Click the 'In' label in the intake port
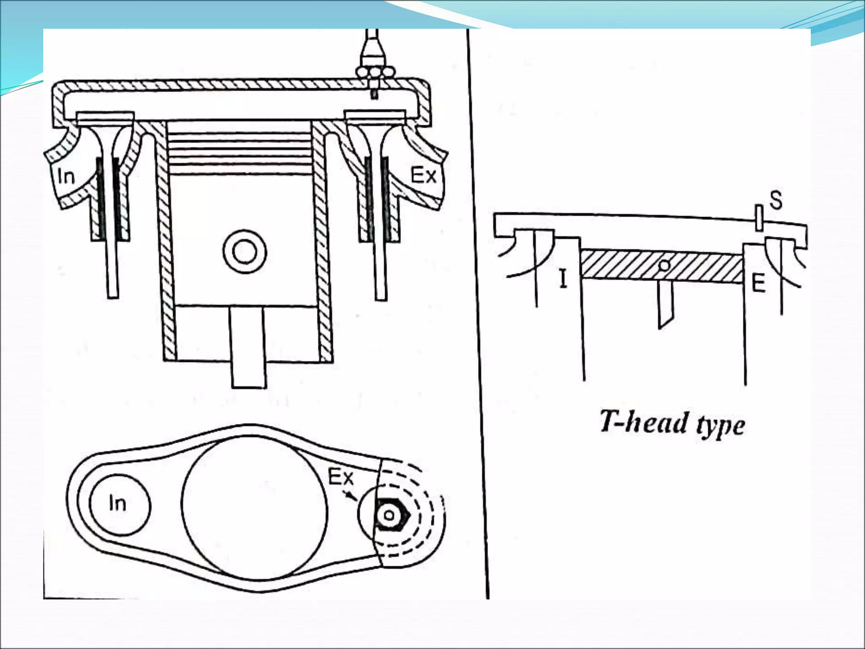click(x=66, y=176)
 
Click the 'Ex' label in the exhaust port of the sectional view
click(x=423, y=175)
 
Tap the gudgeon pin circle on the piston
click(x=245, y=252)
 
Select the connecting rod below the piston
click(x=248, y=346)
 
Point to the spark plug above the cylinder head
click(x=372, y=55)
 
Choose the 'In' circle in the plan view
click(x=120, y=504)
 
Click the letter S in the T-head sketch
click(x=775, y=200)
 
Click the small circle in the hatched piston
click(x=664, y=265)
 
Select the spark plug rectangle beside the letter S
click(x=759, y=218)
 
